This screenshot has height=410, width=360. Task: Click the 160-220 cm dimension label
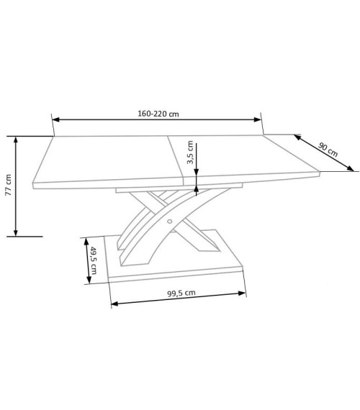click(x=158, y=114)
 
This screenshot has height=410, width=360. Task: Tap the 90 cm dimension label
click(x=328, y=150)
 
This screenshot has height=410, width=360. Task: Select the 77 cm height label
click(x=9, y=185)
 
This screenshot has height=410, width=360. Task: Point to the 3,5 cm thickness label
click(x=190, y=152)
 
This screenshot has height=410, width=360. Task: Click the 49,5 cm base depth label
click(x=94, y=260)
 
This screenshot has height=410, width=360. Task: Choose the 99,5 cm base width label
click(x=181, y=293)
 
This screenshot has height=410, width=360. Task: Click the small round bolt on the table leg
click(x=169, y=222)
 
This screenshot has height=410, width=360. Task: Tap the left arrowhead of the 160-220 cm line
click(x=55, y=119)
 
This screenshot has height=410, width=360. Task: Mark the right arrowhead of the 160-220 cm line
click(x=258, y=119)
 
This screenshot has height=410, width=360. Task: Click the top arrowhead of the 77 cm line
click(x=16, y=140)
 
